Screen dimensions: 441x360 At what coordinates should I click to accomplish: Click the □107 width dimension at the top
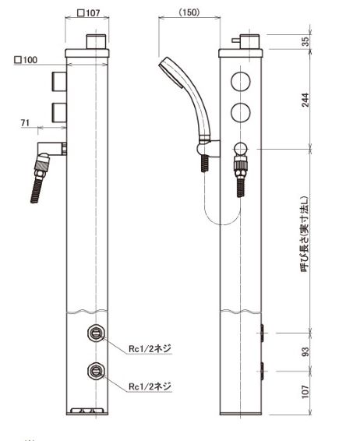point(88,12)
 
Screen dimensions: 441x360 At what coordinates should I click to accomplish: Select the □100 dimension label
point(25,59)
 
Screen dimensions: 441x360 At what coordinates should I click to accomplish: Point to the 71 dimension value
point(48,123)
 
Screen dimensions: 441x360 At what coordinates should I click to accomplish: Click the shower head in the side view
point(172,72)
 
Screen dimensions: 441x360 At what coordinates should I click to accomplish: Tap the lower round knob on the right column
point(242,113)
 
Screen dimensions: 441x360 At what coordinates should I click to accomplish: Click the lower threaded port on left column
point(95,372)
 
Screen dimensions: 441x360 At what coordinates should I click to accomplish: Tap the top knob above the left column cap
point(95,41)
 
